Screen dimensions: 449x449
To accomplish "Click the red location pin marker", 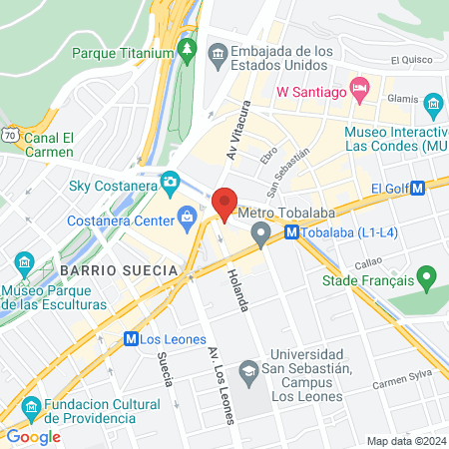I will [x=224, y=203].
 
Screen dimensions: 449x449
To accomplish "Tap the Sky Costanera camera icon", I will [x=171, y=183].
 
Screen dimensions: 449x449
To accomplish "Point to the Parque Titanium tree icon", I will [x=187, y=49].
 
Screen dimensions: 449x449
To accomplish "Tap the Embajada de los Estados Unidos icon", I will [x=218, y=50].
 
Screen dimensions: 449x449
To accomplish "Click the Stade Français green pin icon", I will [x=427, y=275].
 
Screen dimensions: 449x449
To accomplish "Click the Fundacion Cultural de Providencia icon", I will [x=30, y=407].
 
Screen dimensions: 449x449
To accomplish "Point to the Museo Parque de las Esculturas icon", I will [x=24, y=265].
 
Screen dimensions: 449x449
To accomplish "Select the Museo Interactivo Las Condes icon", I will [x=433, y=104].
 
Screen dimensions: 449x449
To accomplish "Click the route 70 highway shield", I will [x=9, y=130].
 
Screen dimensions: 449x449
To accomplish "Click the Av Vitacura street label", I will [x=234, y=140].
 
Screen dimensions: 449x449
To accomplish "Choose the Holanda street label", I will [x=236, y=288].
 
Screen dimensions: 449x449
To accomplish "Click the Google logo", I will [x=33, y=436].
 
